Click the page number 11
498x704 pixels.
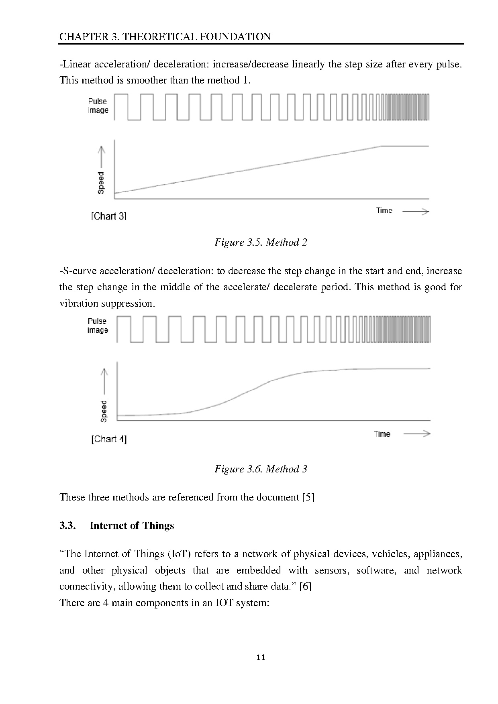pyautogui.click(x=261, y=657)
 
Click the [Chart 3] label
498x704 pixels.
pyautogui.click(x=109, y=216)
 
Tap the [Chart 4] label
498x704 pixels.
pyautogui.click(x=109, y=439)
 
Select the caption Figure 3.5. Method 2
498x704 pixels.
pyautogui.click(x=261, y=242)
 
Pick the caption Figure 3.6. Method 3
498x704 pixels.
pyautogui.click(x=261, y=469)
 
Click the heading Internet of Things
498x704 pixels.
pyautogui.click(x=132, y=526)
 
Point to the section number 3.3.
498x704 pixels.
pyautogui.click(x=67, y=526)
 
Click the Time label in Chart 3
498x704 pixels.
pyautogui.click(x=384, y=211)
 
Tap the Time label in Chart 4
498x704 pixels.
pyautogui.click(x=382, y=434)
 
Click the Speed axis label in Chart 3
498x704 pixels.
pyautogui.click(x=101, y=183)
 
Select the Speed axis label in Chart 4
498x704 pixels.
pyautogui.click(x=104, y=411)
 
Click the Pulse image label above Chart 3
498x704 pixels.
pyautogui.click(x=98, y=106)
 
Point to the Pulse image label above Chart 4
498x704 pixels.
pyautogui.click(x=98, y=326)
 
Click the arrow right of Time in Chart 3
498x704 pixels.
pyautogui.click(x=416, y=212)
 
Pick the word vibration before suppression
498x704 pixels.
pyautogui.click(x=79, y=303)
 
